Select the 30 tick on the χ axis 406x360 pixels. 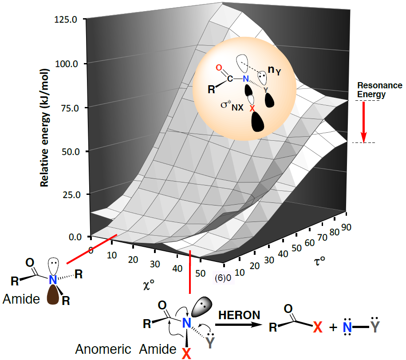[x=154, y=263]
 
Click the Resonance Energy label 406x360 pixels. [x=380, y=90]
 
